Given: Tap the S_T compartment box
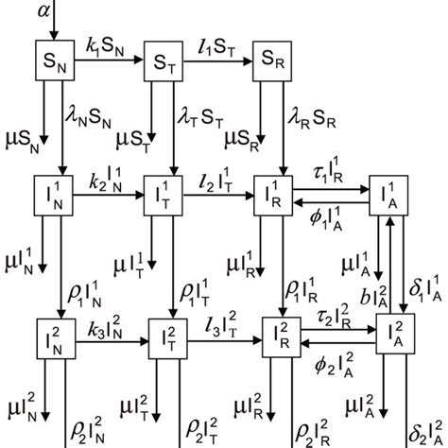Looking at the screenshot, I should point(163,61).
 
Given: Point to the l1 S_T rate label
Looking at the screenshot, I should point(215,44).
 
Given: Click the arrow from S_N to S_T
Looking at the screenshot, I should point(108,62).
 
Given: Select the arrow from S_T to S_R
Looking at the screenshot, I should point(216,62).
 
